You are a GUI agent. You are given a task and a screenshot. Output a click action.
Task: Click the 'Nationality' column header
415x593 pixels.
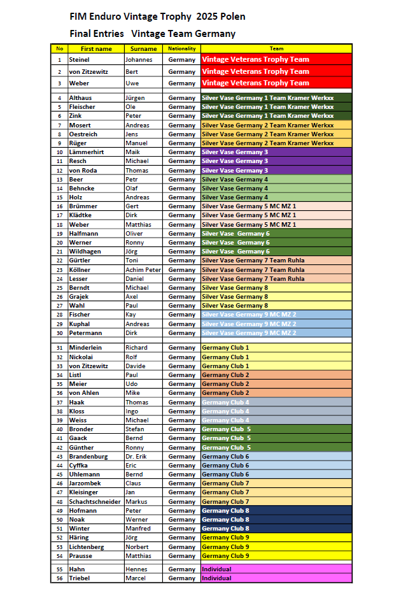[181, 48]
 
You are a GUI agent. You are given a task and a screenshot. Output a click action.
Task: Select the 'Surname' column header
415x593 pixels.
[143, 48]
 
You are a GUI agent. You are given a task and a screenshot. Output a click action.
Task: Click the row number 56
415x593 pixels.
[59, 578]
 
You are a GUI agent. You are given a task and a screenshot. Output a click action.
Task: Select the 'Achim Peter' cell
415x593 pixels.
[143, 270]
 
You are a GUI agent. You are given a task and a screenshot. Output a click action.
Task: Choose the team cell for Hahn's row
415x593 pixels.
[276, 569]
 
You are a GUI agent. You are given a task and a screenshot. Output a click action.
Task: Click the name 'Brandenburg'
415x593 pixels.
[88, 457]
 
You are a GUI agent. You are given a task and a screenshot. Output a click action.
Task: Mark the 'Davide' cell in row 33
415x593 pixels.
[136, 366]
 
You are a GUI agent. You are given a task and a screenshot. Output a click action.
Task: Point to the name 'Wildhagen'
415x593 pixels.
[85, 252]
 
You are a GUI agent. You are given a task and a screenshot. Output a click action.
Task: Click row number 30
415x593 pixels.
[59, 333]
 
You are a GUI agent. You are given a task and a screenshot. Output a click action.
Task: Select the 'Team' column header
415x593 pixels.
[276, 48]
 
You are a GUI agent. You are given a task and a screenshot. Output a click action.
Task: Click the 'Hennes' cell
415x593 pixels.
[136, 569]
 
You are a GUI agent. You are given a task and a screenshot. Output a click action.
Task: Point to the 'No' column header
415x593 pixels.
[59, 48]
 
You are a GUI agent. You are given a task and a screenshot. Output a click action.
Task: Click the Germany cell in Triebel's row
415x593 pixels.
[181, 578]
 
